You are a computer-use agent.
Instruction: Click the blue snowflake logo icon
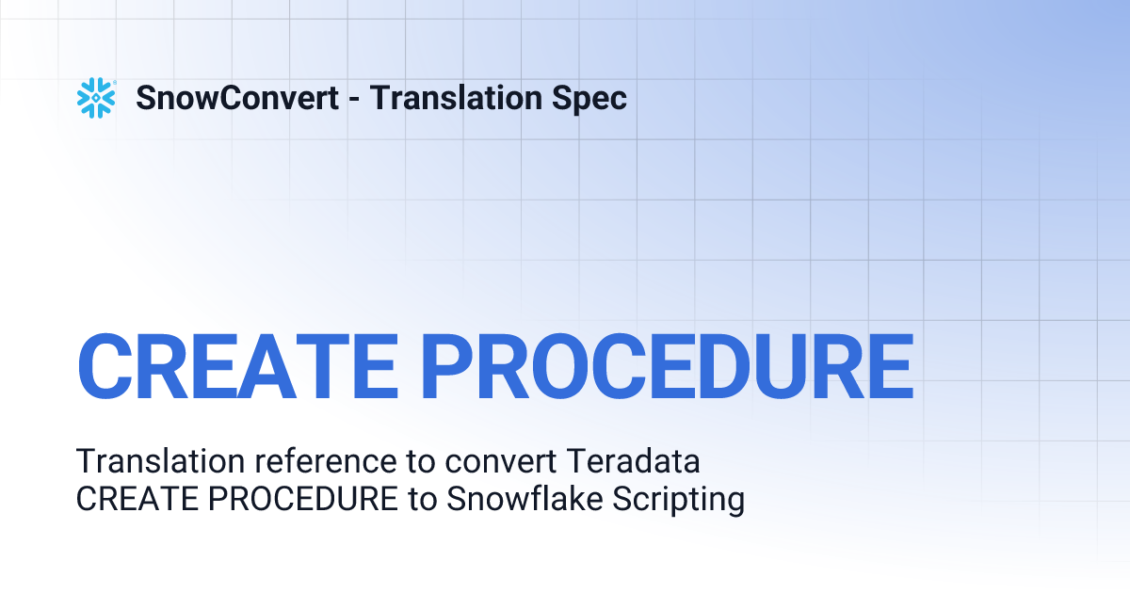tap(96, 98)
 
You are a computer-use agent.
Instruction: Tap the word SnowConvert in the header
tap(237, 98)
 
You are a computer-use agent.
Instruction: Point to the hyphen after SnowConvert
tap(353, 100)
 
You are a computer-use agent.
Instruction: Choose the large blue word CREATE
tap(235, 365)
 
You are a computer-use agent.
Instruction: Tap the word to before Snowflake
tap(422, 500)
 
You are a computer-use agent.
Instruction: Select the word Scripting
tap(679, 500)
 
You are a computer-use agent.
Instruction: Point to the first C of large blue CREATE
tap(105, 365)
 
